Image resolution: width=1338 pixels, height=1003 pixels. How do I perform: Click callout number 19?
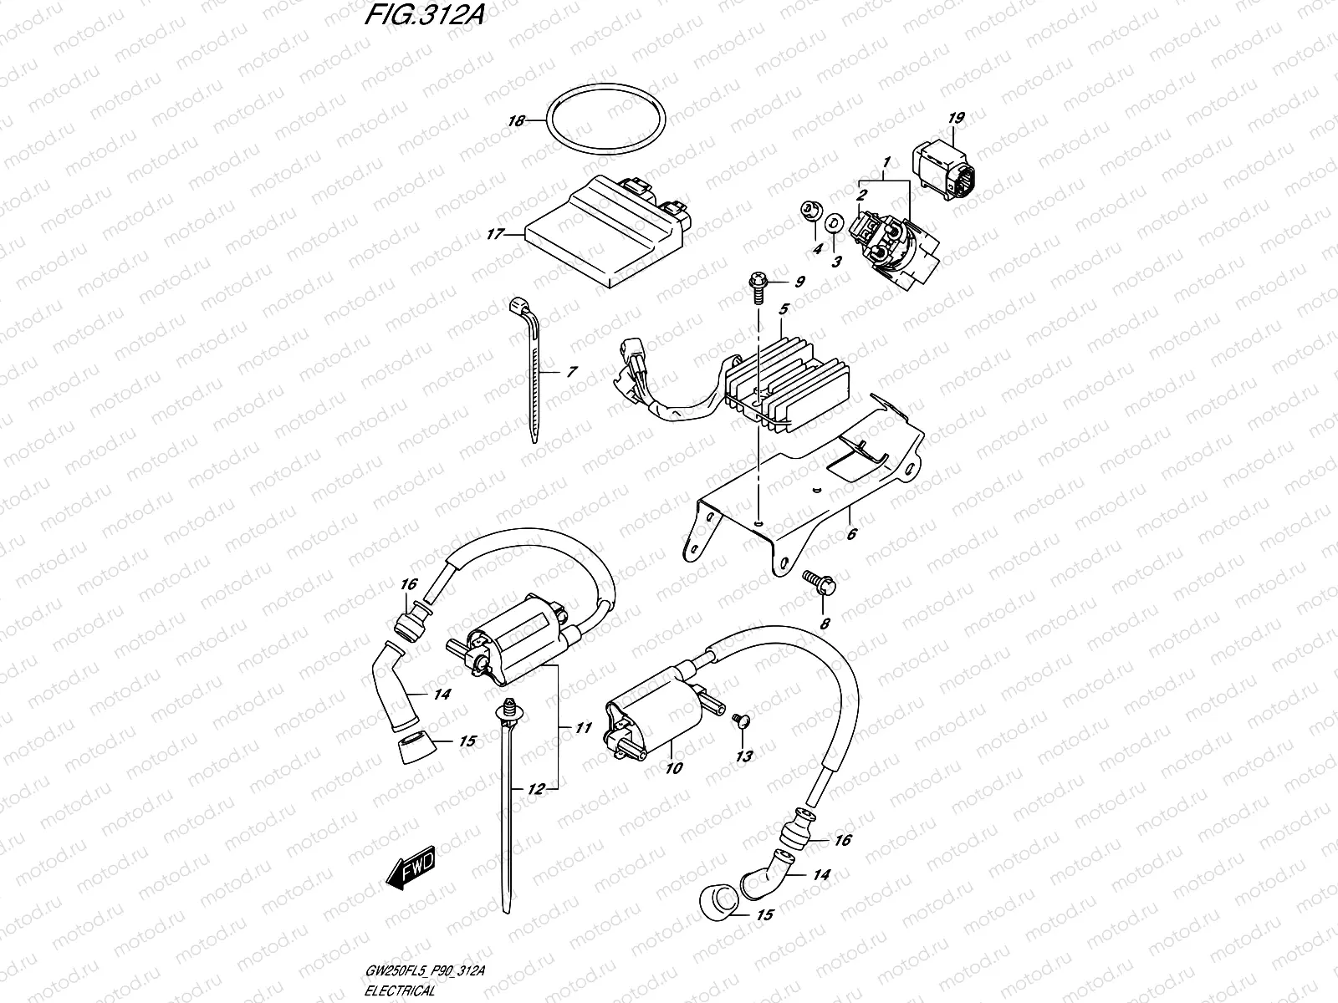point(956,119)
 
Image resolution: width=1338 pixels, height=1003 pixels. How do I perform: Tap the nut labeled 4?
point(809,210)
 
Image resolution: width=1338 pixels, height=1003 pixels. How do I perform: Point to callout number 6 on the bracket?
point(851,532)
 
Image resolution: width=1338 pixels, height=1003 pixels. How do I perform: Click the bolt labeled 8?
point(815,582)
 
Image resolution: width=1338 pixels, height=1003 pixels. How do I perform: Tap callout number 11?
point(583,729)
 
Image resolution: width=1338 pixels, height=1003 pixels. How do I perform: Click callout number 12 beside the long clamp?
point(535,789)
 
